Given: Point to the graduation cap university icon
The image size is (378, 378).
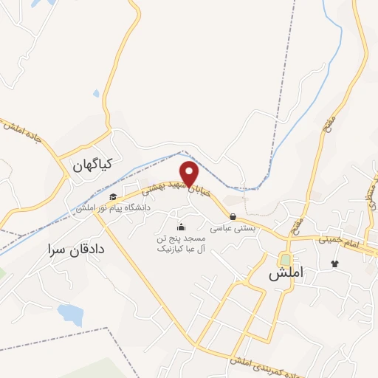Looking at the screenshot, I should point(113,197).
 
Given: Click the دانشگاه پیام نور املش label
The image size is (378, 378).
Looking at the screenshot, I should point(111,209).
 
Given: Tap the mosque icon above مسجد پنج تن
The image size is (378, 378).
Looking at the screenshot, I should point(182,227).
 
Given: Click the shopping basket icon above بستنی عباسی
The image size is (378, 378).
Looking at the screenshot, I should point(233,217).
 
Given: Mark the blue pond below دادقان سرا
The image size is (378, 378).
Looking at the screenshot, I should point(70,315).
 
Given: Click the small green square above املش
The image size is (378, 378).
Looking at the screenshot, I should point(285,260).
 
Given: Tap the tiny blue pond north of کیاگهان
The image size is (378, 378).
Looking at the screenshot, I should point(97,94).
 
